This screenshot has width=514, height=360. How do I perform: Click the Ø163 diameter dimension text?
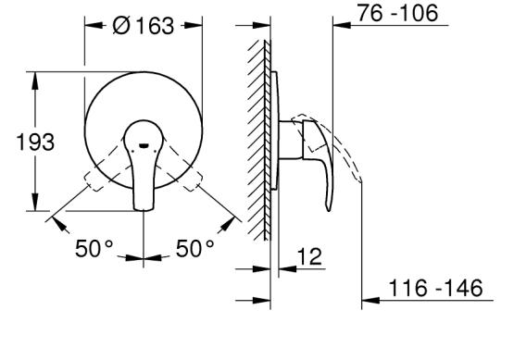[x=143, y=26]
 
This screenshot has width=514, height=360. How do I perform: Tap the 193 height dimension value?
[x=35, y=143]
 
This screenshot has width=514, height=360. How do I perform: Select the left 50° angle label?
[x=94, y=248]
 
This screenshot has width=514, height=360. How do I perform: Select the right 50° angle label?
[x=194, y=248]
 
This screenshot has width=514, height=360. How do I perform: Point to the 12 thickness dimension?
[x=309, y=256]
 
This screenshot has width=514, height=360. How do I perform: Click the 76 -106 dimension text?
[x=397, y=13]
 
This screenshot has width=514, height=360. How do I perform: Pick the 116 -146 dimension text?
[x=435, y=288]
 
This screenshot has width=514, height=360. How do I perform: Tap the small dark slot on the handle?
[x=144, y=145]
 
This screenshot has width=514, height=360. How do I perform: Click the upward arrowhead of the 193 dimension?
[x=35, y=81]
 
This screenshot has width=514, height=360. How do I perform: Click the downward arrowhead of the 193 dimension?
[x=35, y=202]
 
